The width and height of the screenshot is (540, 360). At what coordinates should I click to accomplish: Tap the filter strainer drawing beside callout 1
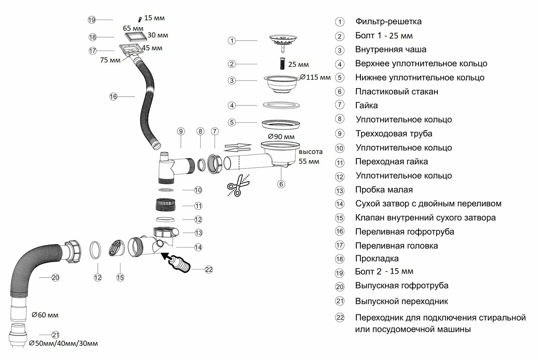(283, 42)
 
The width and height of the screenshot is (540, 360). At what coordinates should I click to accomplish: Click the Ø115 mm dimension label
(315, 77)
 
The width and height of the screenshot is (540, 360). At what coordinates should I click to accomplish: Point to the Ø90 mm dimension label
(281, 137)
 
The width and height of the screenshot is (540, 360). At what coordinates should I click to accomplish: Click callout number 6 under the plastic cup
(281, 184)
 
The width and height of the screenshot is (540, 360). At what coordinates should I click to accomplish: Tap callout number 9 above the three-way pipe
(181, 131)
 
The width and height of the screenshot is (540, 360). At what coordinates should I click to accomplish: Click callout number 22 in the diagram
(209, 269)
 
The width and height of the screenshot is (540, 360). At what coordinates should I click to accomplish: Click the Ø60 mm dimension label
(45, 315)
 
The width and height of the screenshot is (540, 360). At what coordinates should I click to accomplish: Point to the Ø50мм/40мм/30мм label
(63, 343)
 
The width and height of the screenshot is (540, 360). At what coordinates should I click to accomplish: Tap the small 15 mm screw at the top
(139, 19)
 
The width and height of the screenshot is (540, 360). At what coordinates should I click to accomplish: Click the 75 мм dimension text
(110, 60)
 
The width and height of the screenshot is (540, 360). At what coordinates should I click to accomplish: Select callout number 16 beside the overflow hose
(113, 97)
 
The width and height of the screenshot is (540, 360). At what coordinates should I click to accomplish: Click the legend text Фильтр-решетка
(388, 22)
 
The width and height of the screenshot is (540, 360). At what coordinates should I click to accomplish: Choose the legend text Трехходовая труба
(394, 133)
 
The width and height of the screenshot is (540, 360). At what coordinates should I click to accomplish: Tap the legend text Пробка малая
(384, 190)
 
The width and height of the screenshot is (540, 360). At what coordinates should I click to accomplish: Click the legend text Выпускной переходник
(401, 301)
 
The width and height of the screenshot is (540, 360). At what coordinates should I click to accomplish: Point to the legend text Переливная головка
(396, 246)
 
